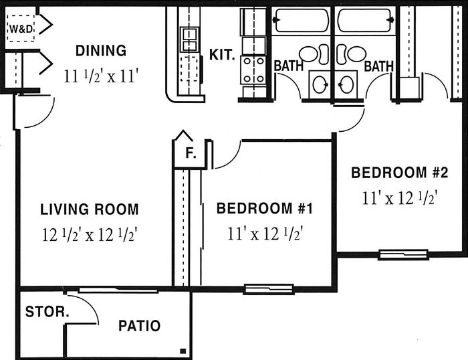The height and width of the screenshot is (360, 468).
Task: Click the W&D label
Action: coord(21,29)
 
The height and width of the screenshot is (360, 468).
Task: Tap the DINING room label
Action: coord(101,50)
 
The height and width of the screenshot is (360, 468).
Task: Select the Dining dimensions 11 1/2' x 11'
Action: coord(102,76)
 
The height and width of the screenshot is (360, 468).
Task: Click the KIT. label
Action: coord(222,55)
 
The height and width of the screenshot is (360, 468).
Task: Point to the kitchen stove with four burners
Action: coord(253,70)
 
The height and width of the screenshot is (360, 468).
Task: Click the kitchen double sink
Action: coord(189,39)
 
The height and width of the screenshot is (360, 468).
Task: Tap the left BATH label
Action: coord(288,66)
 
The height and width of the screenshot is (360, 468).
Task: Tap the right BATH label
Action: coord(378,66)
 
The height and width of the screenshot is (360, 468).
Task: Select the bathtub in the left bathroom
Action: coord(301,20)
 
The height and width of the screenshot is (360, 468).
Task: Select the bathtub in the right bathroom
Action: coord(365,20)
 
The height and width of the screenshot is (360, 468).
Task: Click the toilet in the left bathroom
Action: coord(314,54)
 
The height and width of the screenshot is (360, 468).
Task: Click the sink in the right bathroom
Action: coord(346,84)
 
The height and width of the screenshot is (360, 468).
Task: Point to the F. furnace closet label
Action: coord(191,153)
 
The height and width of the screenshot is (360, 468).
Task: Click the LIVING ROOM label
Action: coord(90,209)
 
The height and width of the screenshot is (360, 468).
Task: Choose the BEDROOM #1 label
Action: coord(265,208)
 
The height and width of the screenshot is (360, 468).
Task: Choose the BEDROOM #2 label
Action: coord(400,173)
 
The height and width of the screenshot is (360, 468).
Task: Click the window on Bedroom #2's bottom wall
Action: coord(403,254)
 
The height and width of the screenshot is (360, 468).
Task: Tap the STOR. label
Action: coord(47,312)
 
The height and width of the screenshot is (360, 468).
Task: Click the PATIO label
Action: coord(139,326)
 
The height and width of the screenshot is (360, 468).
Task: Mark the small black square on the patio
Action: coord(183,351)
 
